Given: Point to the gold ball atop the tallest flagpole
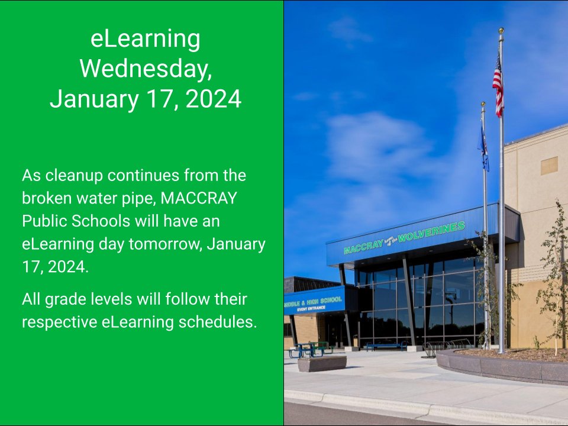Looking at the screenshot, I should click(501, 30).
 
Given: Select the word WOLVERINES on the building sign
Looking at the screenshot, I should click(431, 231).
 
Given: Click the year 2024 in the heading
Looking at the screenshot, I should click(214, 99).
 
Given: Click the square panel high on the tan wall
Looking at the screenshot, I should click(549, 166).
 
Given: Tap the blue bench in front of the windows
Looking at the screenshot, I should click(385, 346).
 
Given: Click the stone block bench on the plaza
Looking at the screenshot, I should click(321, 363).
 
